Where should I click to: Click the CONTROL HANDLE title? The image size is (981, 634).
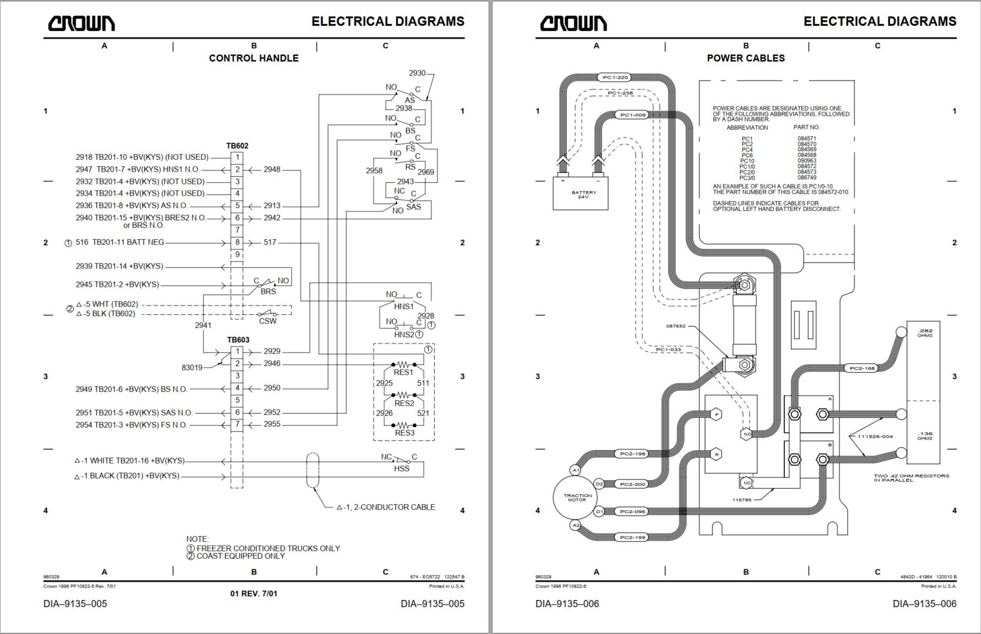(254, 58)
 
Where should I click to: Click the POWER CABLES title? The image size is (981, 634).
(745, 58)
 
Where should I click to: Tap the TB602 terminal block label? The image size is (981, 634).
(237, 146)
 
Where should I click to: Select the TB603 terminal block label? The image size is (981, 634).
(238, 340)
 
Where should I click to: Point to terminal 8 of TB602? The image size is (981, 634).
(237, 242)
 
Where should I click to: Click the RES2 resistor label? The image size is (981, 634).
(404, 403)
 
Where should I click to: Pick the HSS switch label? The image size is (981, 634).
(402, 468)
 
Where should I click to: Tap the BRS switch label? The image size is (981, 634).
(268, 291)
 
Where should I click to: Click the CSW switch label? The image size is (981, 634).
(268, 321)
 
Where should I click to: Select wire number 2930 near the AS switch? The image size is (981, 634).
(417, 73)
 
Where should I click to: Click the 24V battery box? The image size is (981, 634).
(580, 193)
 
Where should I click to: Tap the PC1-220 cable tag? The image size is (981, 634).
(615, 78)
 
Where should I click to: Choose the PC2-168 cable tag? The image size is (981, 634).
(862, 368)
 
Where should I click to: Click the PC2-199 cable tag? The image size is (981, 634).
(632, 537)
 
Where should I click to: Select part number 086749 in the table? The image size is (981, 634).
(807, 177)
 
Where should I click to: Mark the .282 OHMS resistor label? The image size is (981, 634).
(925, 333)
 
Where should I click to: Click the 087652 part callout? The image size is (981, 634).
(676, 326)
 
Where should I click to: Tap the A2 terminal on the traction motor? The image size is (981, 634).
(576, 525)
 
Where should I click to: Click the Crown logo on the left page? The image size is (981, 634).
(81, 23)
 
